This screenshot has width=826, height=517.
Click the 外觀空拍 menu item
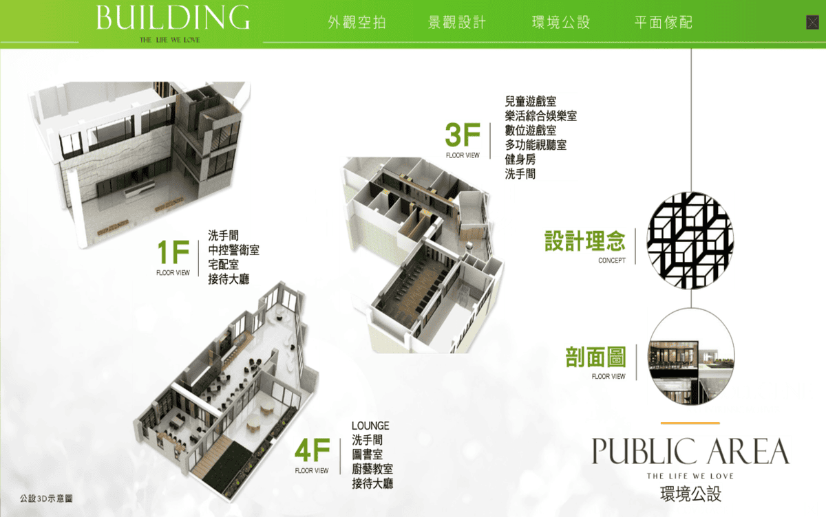click(x=357, y=23)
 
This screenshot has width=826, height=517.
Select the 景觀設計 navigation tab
click(x=457, y=23)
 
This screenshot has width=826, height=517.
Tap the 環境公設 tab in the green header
click(x=561, y=23)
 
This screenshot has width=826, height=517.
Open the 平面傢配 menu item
click(x=664, y=23)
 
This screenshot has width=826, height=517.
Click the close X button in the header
click(x=812, y=23)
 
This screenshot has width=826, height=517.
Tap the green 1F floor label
click(x=173, y=252)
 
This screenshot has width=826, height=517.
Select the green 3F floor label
click(x=463, y=135)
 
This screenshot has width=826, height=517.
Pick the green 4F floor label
click(x=313, y=450)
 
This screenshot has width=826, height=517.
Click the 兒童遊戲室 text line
click(x=530, y=101)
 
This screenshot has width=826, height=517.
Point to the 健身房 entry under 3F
click(x=520, y=159)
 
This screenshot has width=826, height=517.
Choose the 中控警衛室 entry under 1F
click(x=234, y=250)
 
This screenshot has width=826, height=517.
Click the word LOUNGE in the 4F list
click(x=370, y=426)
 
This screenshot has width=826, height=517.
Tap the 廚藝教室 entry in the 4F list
click(x=372, y=469)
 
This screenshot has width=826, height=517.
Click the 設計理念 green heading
click(x=585, y=241)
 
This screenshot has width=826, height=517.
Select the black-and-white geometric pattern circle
click(x=690, y=241)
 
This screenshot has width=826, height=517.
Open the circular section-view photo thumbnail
click(x=691, y=356)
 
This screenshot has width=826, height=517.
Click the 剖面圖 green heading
click(x=595, y=357)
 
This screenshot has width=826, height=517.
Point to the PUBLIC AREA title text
click(x=690, y=452)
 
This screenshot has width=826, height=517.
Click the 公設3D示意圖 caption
click(x=47, y=498)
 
